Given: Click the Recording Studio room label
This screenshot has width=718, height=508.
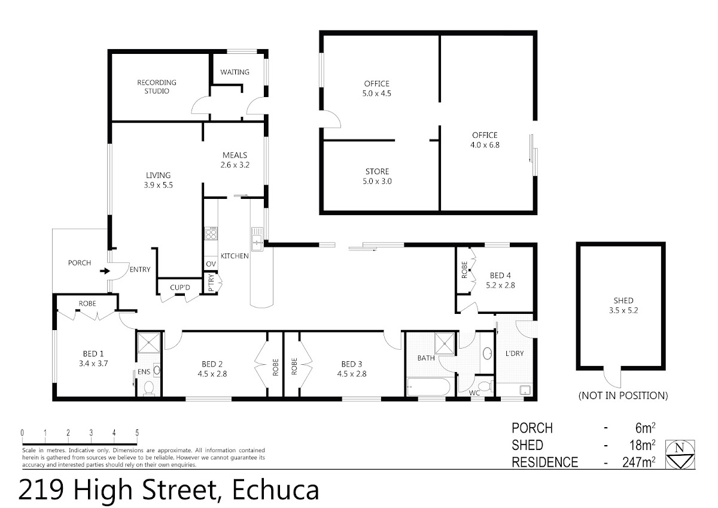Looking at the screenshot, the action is pyautogui.click(x=157, y=87).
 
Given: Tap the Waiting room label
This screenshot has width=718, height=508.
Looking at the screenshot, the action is pyautogui.click(x=235, y=72).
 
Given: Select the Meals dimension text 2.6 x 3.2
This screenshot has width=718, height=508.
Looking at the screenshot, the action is pyautogui.click(x=235, y=165).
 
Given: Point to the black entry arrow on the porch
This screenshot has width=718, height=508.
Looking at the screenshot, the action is pyautogui.click(x=105, y=271).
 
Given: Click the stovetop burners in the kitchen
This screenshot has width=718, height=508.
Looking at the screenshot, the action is pyautogui.click(x=211, y=234).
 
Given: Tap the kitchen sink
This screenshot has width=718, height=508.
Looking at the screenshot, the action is pyautogui.click(x=257, y=239).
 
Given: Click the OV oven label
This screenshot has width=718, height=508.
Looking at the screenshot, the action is pyautogui.click(x=211, y=264).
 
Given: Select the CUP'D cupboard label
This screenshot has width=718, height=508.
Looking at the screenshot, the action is pyautogui.click(x=180, y=287).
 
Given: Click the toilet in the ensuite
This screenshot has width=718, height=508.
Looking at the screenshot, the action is pyautogui.click(x=149, y=388).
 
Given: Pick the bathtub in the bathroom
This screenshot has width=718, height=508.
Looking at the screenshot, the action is pyautogui.click(x=428, y=387).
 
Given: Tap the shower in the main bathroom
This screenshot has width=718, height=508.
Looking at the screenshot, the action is pyautogui.click(x=445, y=344).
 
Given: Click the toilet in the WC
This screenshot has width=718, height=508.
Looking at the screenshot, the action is pyautogui.click(x=486, y=385).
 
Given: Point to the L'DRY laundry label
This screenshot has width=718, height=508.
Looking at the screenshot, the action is pyautogui.click(x=515, y=353).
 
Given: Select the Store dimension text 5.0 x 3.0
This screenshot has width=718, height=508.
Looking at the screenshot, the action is pyautogui.click(x=378, y=182).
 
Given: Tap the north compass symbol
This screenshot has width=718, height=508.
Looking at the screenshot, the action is pyautogui.click(x=680, y=455).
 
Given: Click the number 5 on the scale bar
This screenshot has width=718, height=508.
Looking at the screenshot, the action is pyautogui.click(x=137, y=433).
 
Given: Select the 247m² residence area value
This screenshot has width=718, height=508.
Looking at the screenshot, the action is pyautogui.click(x=639, y=462).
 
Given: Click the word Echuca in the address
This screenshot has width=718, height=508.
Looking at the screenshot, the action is pyautogui.click(x=276, y=490).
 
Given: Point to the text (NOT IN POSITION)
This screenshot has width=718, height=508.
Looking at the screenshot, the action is pyautogui.click(x=623, y=395).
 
